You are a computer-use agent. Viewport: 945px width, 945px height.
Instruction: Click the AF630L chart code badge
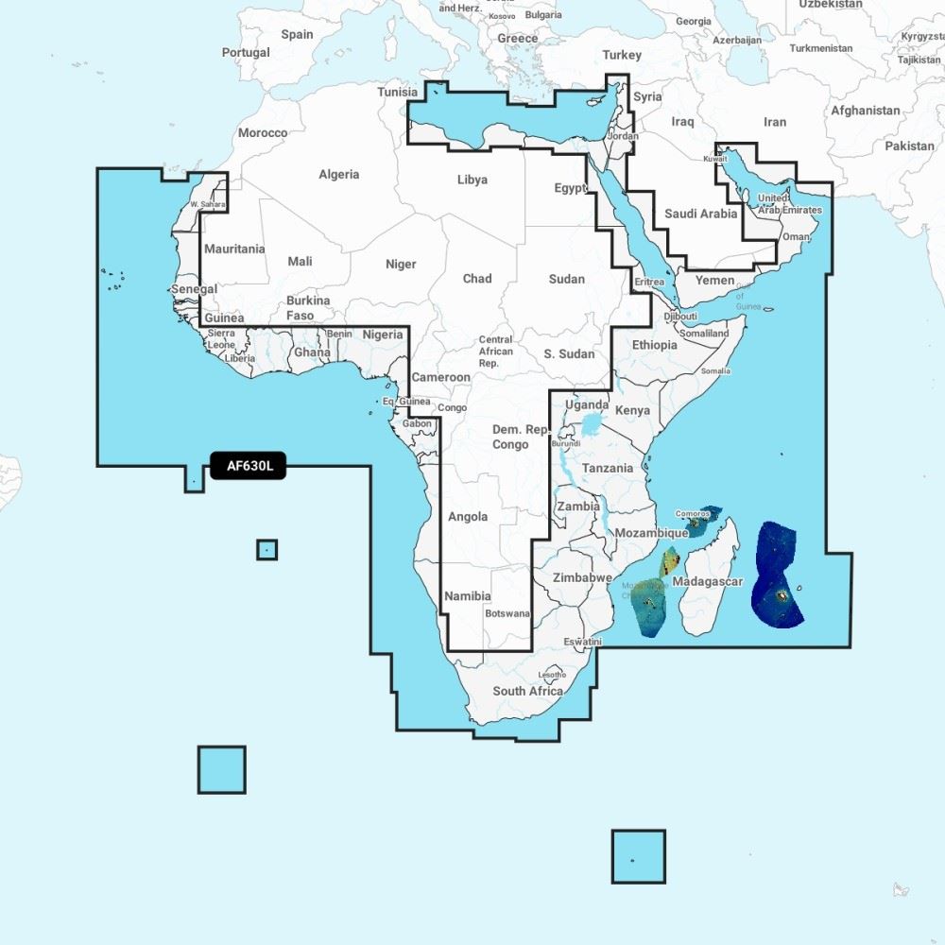pyautogui.click(x=248, y=465)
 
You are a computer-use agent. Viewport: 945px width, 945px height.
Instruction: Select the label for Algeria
pyautogui.click(x=338, y=174)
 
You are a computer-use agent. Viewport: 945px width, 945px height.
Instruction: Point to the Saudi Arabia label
pyautogui.click(x=700, y=214)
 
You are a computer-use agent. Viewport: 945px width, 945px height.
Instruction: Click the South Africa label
pyautogui.click(x=527, y=691)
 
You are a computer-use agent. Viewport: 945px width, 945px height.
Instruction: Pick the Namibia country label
pyautogui.click(x=468, y=596)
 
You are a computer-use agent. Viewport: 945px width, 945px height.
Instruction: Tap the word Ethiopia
pyautogui.click(x=655, y=345)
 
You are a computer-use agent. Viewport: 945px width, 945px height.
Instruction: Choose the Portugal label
pyautogui.click(x=246, y=53)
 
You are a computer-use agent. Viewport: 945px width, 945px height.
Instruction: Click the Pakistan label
pyautogui.click(x=909, y=146)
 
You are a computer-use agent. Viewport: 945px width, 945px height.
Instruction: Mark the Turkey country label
pyautogui.click(x=622, y=55)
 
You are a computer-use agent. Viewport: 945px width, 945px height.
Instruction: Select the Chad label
pyautogui.click(x=477, y=279)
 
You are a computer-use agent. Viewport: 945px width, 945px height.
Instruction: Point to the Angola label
pyautogui.click(x=468, y=517)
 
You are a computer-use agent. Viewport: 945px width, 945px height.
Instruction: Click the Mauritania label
pyautogui.click(x=234, y=249)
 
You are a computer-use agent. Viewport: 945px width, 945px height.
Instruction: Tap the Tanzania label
pyautogui.click(x=608, y=469)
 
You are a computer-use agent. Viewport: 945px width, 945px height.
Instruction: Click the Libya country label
pyautogui.click(x=472, y=180)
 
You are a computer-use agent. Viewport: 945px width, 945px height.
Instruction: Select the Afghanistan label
pyautogui.click(x=866, y=111)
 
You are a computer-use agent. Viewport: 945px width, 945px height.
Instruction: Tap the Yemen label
pyautogui.click(x=714, y=281)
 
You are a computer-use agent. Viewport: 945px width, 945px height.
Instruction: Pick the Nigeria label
pyautogui.click(x=383, y=335)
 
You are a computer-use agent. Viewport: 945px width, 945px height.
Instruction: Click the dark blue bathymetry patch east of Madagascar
pyautogui.click(x=777, y=576)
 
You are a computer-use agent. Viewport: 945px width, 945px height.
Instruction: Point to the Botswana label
pyautogui.click(x=507, y=613)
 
